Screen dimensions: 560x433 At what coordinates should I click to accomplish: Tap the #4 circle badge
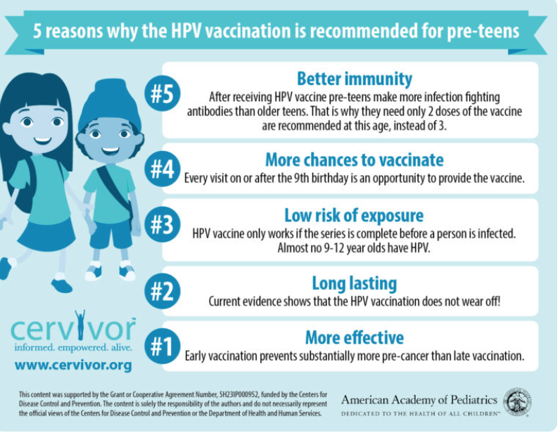[x=163, y=169]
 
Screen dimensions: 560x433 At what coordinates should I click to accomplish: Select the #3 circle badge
[x=163, y=224]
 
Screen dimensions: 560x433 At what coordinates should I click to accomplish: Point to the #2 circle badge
[x=163, y=291]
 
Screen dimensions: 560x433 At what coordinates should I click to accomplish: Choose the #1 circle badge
[x=163, y=346]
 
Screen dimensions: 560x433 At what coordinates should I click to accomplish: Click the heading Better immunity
[x=355, y=79]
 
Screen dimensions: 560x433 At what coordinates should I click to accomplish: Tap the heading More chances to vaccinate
[x=355, y=160]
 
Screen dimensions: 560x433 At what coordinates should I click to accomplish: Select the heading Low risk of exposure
[x=354, y=216]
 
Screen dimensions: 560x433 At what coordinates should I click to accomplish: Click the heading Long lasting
[x=355, y=283]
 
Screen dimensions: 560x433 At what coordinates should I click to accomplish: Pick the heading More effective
[x=355, y=337]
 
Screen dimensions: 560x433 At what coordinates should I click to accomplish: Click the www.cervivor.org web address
[x=73, y=366]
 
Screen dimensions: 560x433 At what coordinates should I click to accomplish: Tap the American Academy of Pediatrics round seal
[x=518, y=402]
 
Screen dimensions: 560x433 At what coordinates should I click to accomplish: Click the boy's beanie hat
[x=109, y=103]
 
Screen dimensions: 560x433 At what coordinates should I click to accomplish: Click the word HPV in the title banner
[x=186, y=31]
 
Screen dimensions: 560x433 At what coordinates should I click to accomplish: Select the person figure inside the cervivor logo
[x=80, y=325]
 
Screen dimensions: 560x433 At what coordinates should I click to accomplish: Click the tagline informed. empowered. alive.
[x=73, y=347]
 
